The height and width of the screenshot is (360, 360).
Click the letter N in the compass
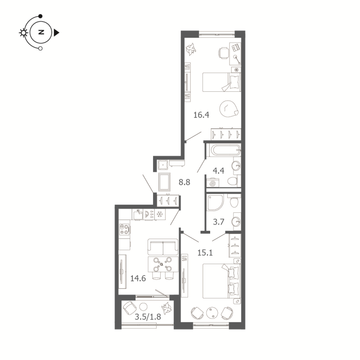(41, 32)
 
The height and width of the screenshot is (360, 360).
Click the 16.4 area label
(201, 115)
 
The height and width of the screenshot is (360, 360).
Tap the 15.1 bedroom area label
(205, 252)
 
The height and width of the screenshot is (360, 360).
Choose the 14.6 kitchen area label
(137, 278)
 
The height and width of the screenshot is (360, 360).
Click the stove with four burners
(125, 229)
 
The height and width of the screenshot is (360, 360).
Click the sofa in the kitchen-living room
(163, 247)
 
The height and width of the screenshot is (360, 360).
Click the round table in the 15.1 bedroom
(213, 311)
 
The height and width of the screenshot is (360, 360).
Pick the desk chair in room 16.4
(223, 52)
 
